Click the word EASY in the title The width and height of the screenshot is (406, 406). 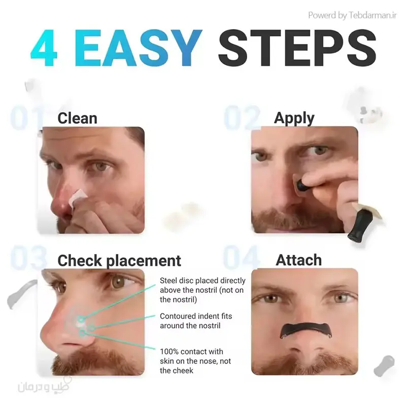138,48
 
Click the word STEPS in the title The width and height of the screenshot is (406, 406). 297,48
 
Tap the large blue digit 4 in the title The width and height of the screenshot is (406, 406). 44,48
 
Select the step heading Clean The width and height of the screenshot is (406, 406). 77,118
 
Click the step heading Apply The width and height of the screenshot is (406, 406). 294,119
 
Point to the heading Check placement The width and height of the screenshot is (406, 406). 119,261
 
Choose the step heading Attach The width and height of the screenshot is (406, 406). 298,260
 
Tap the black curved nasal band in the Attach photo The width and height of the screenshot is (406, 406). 305,329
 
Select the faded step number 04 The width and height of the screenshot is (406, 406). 241,258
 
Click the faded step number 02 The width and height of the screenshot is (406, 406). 242,117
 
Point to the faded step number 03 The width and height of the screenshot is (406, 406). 28,258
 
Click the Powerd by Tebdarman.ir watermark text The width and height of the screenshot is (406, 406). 352,15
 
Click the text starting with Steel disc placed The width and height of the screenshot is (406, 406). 202,290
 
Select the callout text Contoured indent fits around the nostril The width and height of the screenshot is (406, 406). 196,321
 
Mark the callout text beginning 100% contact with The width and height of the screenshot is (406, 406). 195,361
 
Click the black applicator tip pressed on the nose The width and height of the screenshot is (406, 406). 301,185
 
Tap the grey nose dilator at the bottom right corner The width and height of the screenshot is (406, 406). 385,365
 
